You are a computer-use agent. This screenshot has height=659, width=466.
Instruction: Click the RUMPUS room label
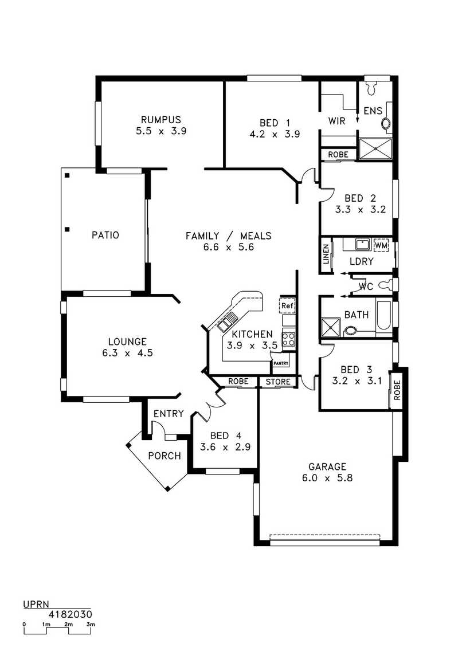[x=161, y=120]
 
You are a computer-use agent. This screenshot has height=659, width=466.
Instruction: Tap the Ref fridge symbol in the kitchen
[x=287, y=305]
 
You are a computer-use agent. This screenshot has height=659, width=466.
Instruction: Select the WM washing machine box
[x=381, y=245]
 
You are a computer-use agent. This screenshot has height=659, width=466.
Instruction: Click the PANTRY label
[x=281, y=363]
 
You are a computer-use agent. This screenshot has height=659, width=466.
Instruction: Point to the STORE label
[x=278, y=382]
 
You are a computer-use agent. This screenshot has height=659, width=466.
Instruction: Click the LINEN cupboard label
[x=326, y=254]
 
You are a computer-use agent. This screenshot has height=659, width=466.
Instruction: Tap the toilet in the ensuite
[x=371, y=87]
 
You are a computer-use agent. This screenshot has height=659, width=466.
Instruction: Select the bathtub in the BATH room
[x=383, y=315]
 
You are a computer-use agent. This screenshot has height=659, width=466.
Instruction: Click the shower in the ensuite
[x=375, y=149]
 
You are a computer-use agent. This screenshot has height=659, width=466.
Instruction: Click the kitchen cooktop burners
[x=289, y=340]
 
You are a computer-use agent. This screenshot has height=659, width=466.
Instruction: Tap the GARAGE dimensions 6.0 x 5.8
[x=327, y=478]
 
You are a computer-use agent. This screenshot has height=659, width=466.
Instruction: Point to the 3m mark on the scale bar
[x=91, y=625]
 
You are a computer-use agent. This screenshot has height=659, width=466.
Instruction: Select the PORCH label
[x=165, y=456]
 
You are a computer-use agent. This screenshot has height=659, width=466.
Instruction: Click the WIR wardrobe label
[x=336, y=121]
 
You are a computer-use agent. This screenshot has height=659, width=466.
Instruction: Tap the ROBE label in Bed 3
[x=397, y=390]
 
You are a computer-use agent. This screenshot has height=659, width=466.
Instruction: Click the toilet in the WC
[x=385, y=285]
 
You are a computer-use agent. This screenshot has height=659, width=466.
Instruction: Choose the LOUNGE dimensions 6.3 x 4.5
[x=127, y=353]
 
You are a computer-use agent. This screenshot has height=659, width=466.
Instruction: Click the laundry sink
[x=362, y=245]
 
